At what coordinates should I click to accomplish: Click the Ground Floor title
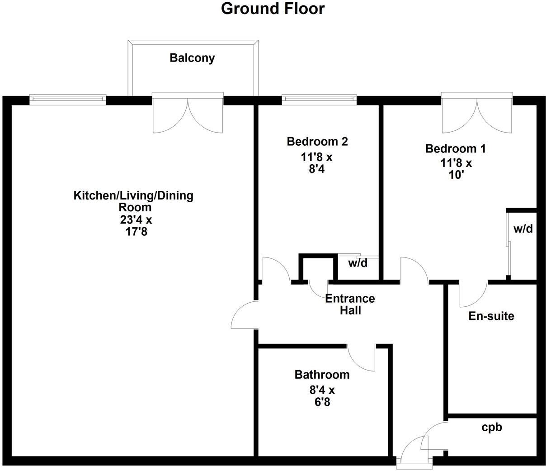click(273, 9)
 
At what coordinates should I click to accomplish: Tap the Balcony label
click(192, 58)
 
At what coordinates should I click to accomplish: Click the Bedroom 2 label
click(317, 142)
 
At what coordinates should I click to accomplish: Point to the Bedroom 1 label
click(456, 148)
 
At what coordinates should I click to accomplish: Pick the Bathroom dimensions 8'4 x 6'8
click(322, 395)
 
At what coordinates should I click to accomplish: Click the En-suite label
click(491, 316)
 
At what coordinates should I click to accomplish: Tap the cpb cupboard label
click(492, 427)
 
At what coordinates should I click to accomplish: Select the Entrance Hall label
click(350, 304)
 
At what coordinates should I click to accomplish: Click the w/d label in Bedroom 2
click(358, 263)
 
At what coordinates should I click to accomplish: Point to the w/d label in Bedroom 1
click(523, 229)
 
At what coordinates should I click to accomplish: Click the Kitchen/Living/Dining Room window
click(68, 100)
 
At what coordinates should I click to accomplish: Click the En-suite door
click(472, 294)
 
